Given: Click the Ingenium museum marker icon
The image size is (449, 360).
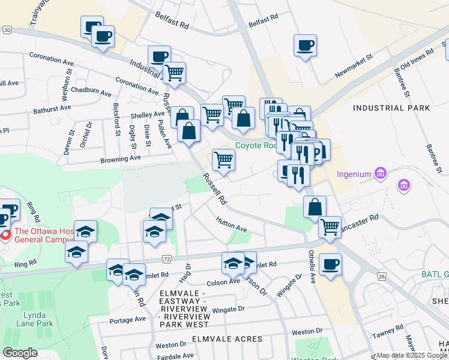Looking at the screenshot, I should (x=379, y=174).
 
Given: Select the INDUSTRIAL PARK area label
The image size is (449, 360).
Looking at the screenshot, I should (x=391, y=108).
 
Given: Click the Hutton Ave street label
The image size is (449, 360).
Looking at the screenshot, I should (x=232, y=224).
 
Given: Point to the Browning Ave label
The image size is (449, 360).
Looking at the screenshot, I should (x=120, y=158).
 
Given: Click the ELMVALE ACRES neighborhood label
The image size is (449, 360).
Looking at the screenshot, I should (x=228, y=339).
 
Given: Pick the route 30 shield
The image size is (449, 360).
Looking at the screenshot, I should (x=7, y=29).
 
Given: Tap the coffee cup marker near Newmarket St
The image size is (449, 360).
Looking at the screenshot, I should (x=306, y=46).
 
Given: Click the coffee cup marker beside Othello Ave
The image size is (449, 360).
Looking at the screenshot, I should (x=330, y=265).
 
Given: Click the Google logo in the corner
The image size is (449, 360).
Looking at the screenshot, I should (x=20, y=353).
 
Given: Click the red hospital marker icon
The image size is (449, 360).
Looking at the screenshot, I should (x=5, y=234).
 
